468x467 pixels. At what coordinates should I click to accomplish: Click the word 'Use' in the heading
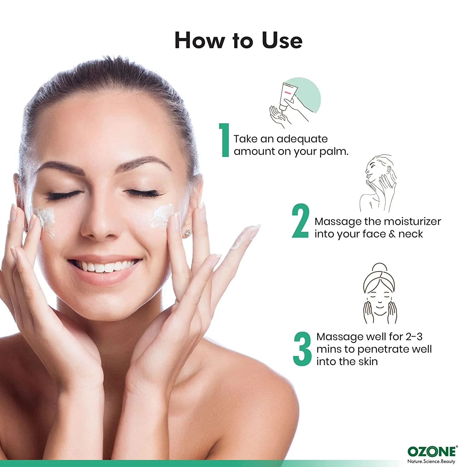click(x=282, y=40)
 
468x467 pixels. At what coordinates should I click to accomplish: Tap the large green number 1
click(x=224, y=140)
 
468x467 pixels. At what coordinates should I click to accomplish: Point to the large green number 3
click(x=302, y=349)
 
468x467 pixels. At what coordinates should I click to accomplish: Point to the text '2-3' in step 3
click(x=414, y=337)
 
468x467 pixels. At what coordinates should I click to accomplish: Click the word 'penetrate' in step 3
click(x=383, y=350)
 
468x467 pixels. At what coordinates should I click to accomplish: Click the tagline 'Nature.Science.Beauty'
click(x=431, y=461)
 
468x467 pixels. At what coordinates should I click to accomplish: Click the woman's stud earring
click(x=188, y=232)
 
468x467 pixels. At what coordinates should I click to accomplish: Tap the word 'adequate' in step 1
click(x=302, y=139)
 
